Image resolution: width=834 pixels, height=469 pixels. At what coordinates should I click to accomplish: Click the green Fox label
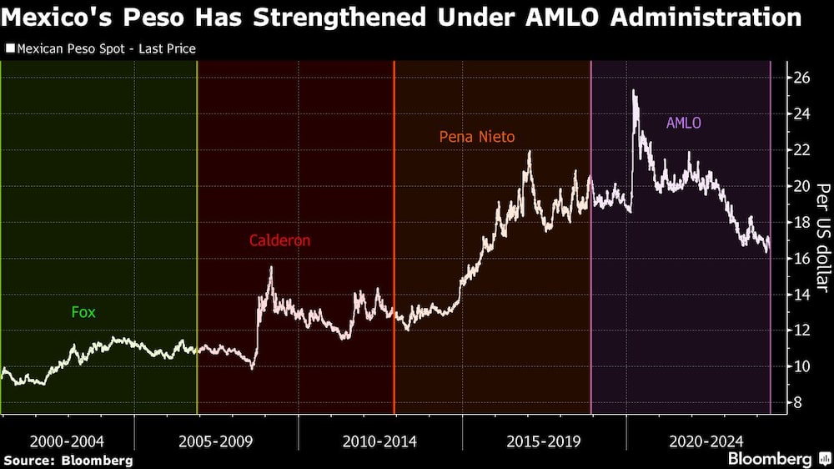[x=83, y=313]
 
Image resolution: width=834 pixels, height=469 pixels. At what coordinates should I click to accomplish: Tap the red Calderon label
[x=279, y=240]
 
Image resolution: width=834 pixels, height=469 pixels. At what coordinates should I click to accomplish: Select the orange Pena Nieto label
[x=477, y=137]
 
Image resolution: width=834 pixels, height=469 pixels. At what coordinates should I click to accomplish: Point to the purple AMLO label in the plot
[x=683, y=123]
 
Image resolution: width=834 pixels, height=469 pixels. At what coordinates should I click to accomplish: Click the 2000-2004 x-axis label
[x=67, y=441]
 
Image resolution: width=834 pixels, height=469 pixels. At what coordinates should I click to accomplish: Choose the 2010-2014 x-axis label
[x=380, y=441]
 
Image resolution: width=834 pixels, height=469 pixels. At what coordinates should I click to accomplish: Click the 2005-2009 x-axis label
[x=217, y=441]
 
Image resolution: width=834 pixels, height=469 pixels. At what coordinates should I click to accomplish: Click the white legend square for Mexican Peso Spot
[x=9, y=49]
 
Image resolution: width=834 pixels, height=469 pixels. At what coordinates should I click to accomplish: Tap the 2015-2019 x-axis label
[x=544, y=441]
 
